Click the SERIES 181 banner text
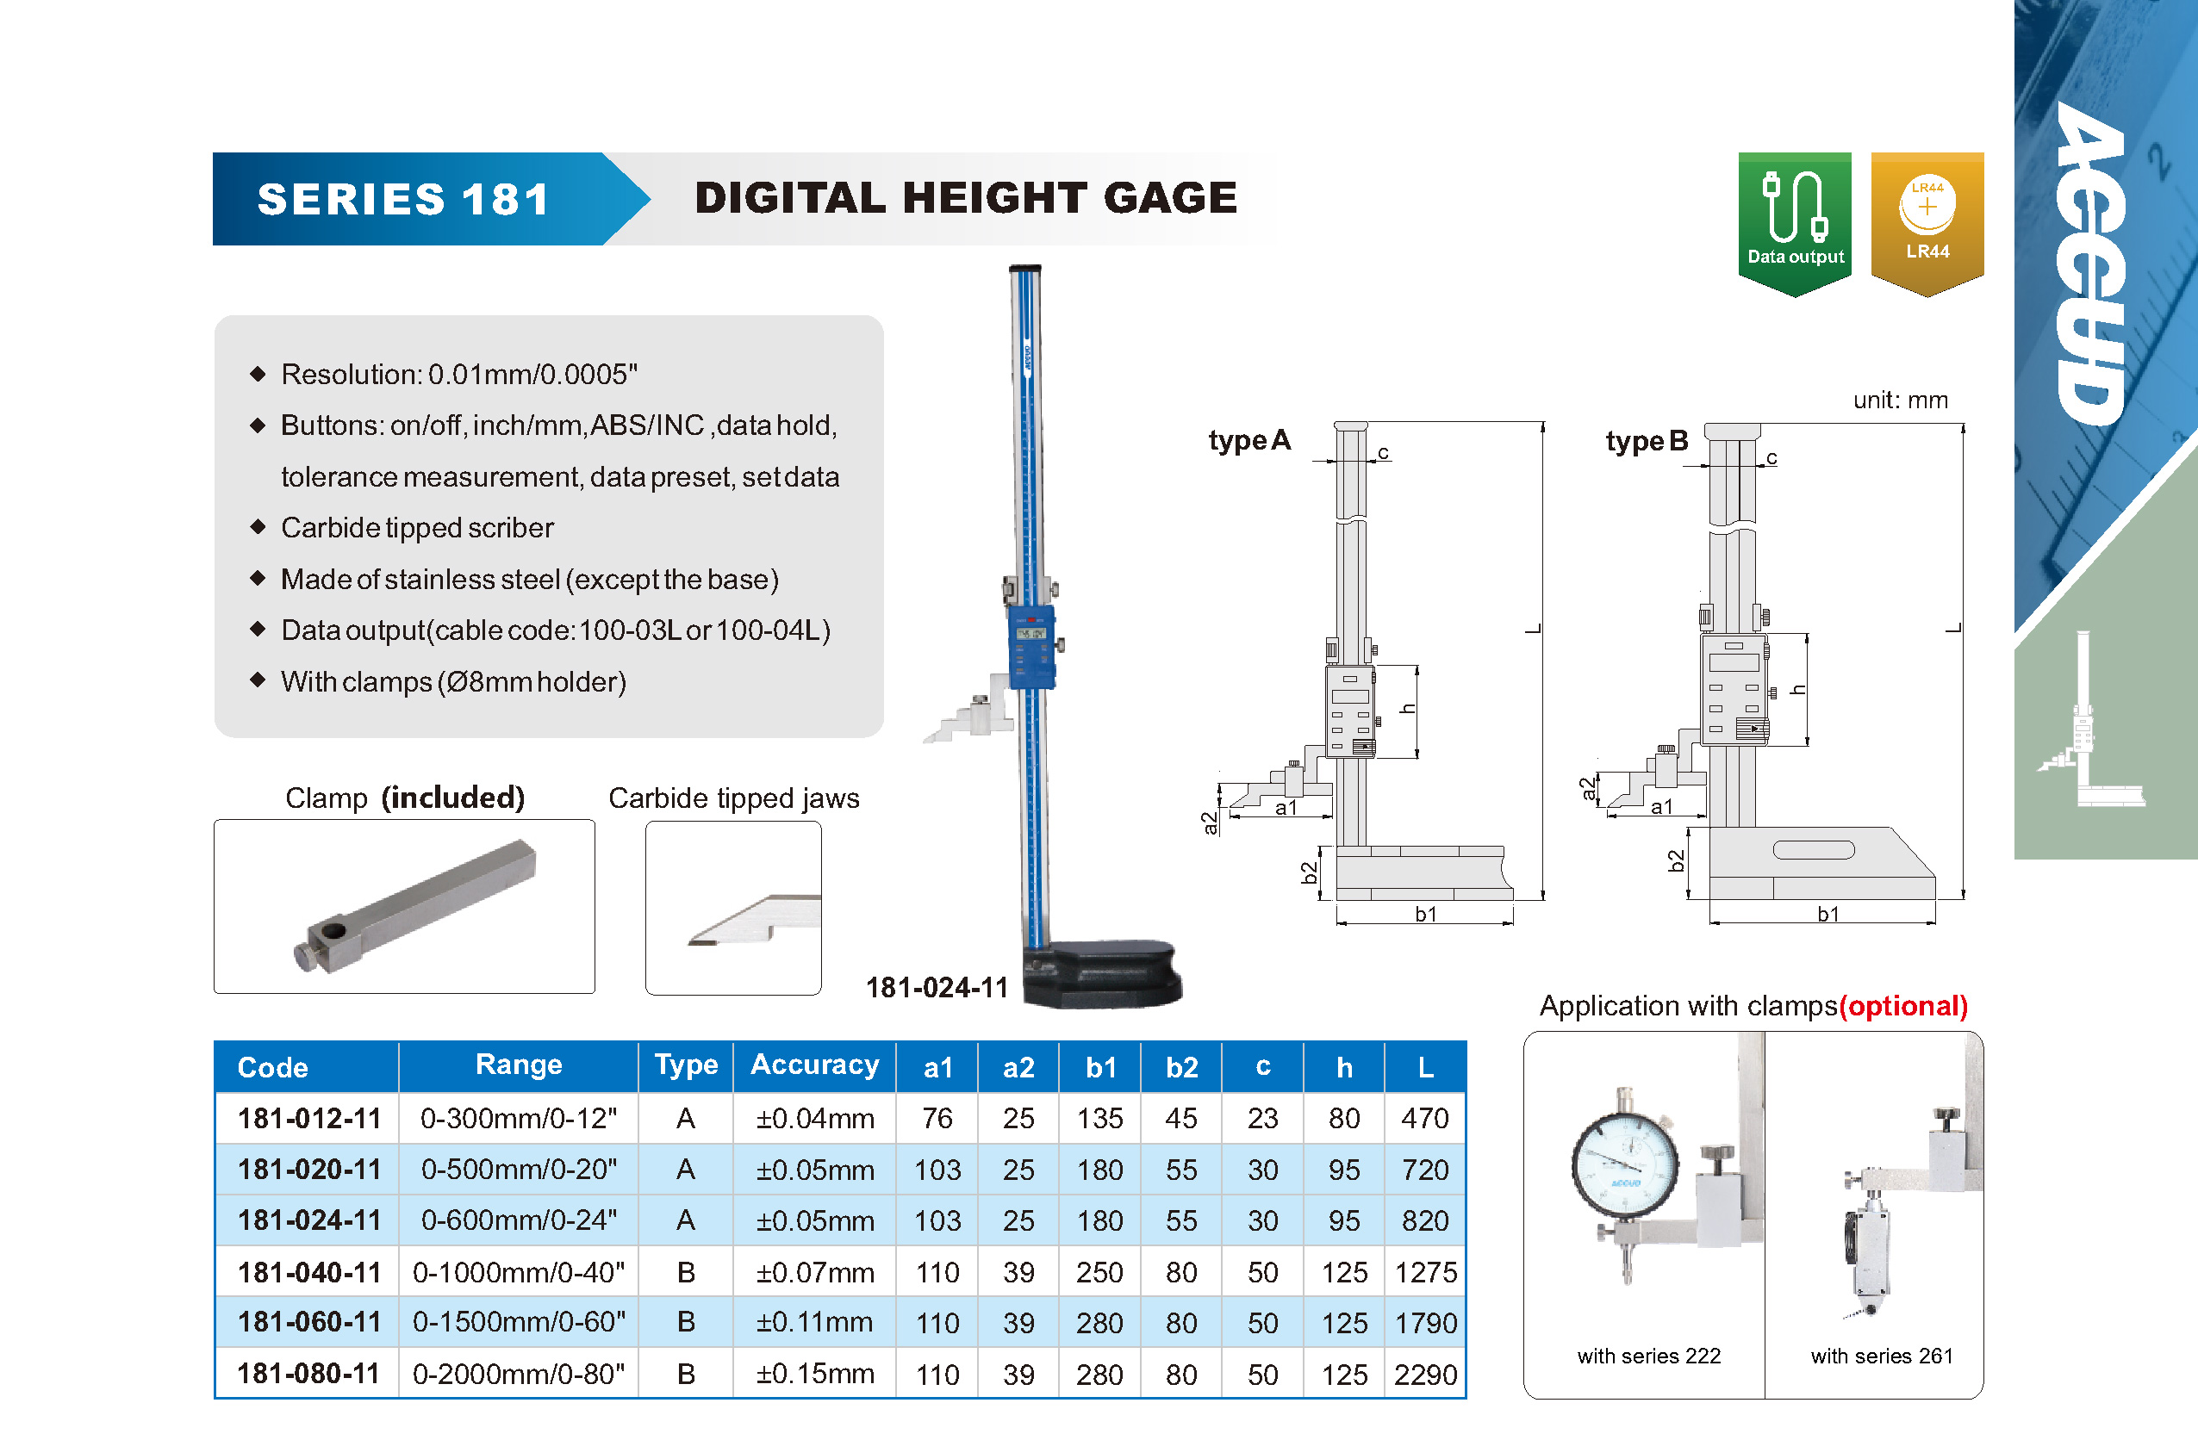pos(403,200)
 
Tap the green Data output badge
pos(1795,221)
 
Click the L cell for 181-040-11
pos(1425,1271)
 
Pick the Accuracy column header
pos(813,1065)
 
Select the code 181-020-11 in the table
pos(308,1169)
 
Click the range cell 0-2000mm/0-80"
pos(518,1374)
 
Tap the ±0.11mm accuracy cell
pos(813,1322)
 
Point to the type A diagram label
pos(1248,440)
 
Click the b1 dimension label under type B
pos(1828,914)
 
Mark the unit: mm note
pos(1900,400)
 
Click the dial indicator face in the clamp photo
pos(1624,1167)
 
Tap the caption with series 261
pos(1881,1356)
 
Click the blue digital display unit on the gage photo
pos(1031,646)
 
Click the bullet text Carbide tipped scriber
pos(416,527)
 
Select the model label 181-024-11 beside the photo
pos(936,987)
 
